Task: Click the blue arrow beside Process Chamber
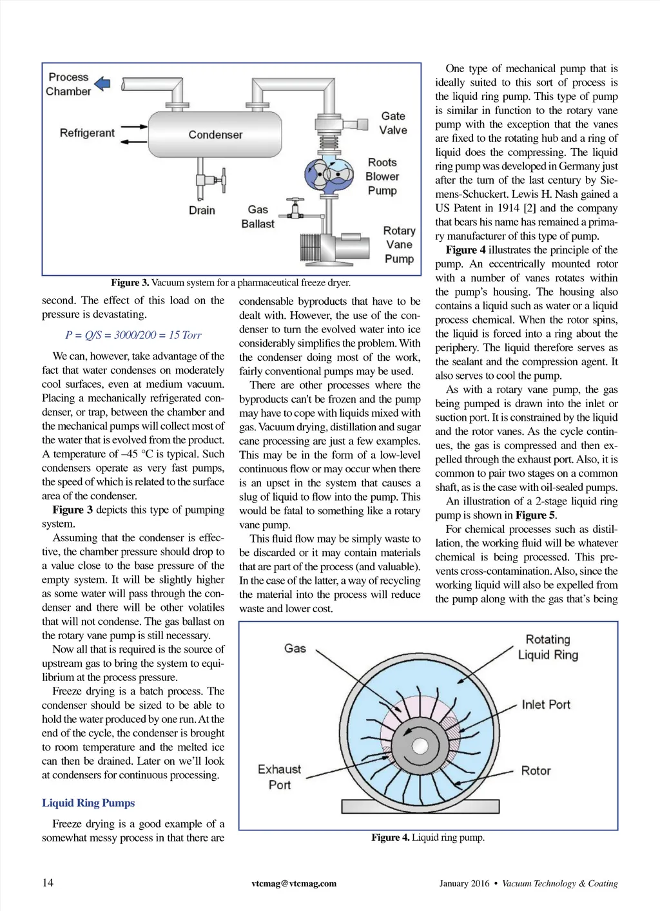coord(102,84)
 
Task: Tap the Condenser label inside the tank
coord(215,135)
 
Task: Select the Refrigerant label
coord(87,133)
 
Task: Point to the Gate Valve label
coord(393,123)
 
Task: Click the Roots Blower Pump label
coord(382,177)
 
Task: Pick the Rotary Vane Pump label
coord(399,245)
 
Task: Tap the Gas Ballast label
coord(258,216)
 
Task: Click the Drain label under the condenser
coord(202,210)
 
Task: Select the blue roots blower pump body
coord(329,175)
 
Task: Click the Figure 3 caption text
coord(231,282)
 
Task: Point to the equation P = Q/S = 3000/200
coord(133,335)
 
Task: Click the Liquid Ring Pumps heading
coord(88,803)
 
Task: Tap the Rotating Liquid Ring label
coord(548,647)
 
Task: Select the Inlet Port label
coord(546,705)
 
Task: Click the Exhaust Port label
coord(279,777)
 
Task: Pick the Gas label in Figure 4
coord(295,648)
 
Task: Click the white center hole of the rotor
coord(420,745)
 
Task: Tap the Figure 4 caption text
coord(428,838)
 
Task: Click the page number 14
coord(48,883)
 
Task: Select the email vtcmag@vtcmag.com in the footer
coord(294,883)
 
